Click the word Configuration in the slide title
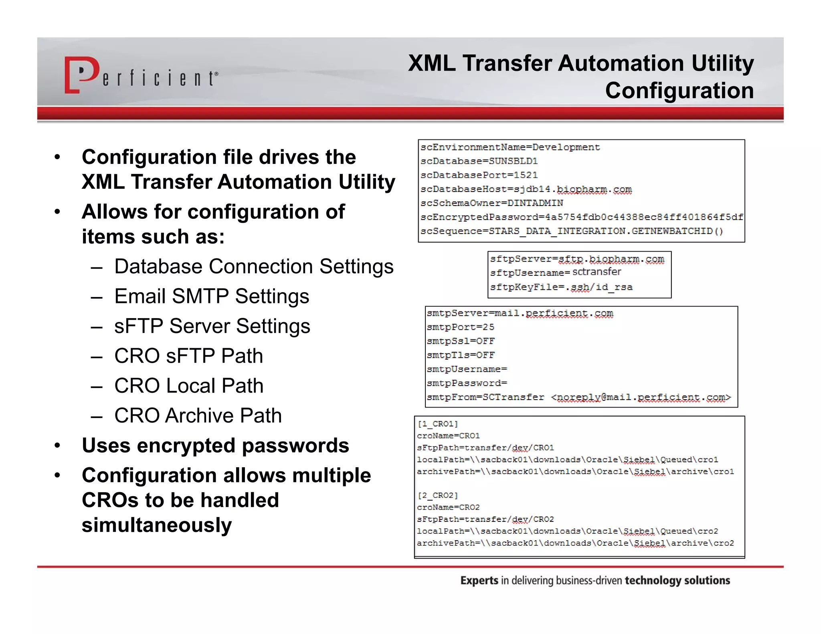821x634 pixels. click(x=679, y=91)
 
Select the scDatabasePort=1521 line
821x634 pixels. click(x=479, y=175)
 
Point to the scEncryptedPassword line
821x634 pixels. click(x=581, y=217)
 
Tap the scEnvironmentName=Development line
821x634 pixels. click(x=510, y=147)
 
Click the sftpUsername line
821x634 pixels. click(x=555, y=273)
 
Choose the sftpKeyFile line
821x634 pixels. click(x=561, y=287)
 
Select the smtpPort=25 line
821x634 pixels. click(x=460, y=327)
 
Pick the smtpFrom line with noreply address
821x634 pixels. click(x=578, y=397)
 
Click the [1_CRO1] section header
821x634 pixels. click(x=437, y=424)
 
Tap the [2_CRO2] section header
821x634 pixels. click(x=437, y=495)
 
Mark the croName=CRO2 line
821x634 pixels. click(x=448, y=507)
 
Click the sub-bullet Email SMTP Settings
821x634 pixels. click(x=212, y=296)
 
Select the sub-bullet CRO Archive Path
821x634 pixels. click(x=198, y=416)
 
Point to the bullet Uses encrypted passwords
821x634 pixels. click(x=215, y=445)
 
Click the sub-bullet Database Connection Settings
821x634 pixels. click(x=254, y=267)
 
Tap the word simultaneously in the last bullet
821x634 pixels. click(x=157, y=525)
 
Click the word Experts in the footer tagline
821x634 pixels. click(x=479, y=580)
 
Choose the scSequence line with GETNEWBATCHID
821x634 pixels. click(x=572, y=231)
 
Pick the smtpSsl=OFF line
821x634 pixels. click(x=461, y=341)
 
